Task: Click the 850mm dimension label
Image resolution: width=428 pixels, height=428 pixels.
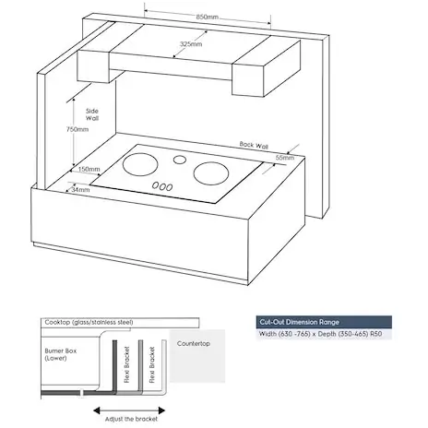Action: click(x=208, y=17)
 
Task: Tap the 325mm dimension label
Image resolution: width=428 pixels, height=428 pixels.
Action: click(x=191, y=44)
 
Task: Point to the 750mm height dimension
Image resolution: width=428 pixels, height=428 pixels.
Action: click(x=77, y=129)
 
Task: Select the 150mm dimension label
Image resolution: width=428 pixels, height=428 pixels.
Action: click(x=89, y=169)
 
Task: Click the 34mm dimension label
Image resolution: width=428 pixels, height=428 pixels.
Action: click(x=80, y=190)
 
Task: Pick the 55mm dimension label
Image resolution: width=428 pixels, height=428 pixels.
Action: click(x=285, y=158)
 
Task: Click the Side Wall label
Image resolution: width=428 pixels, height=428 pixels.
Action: click(x=92, y=114)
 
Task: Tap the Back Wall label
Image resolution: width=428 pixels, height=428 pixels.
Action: click(x=254, y=145)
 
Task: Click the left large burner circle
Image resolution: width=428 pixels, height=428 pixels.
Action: click(x=140, y=164)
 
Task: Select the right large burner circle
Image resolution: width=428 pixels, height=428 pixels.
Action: click(x=211, y=173)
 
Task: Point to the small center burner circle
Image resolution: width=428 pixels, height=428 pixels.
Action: click(x=180, y=160)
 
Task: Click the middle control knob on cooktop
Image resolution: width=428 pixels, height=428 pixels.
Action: click(x=162, y=186)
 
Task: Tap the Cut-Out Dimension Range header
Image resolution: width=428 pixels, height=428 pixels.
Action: click(x=300, y=322)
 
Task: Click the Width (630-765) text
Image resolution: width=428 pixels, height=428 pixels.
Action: click(x=284, y=334)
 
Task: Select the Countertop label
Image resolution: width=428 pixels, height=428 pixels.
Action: click(x=194, y=343)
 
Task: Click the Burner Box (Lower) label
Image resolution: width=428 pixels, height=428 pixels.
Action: click(x=61, y=354)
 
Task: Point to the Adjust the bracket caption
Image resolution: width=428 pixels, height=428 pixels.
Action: click(x=131, y=419)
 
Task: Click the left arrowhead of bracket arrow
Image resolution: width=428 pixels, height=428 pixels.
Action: click(x=97, y=410)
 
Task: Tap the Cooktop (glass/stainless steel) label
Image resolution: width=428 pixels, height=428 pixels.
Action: click(x=89, y=322)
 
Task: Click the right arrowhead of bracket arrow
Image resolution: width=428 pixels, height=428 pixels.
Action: click(x=161, y=410)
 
